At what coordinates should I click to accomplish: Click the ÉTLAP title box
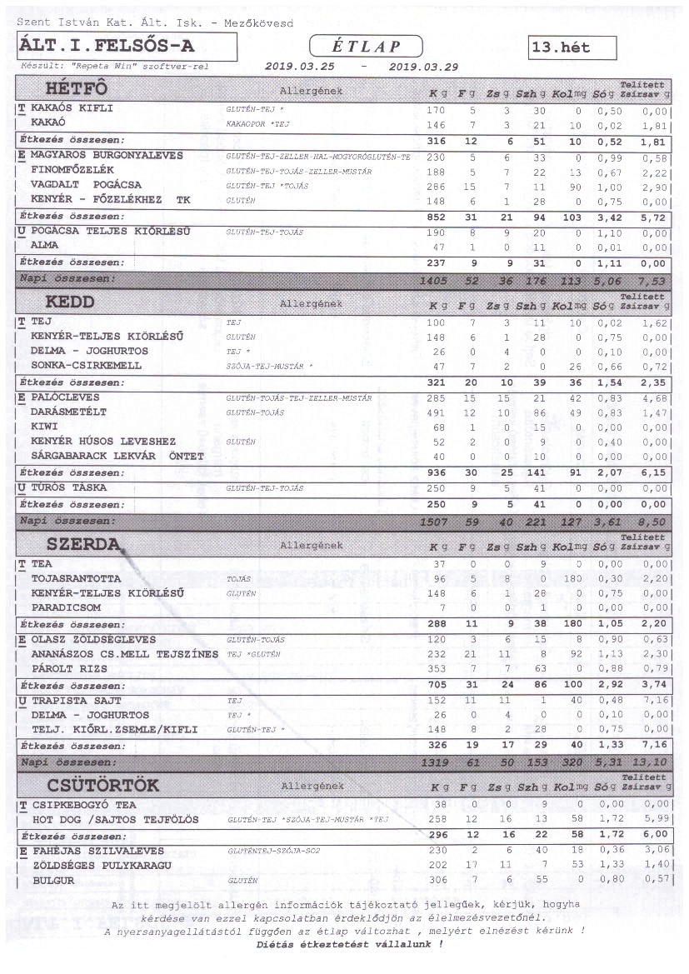pos(366,47)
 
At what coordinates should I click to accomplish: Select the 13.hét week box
pos(572,47)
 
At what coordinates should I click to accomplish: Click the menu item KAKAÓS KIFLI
pos(72,108)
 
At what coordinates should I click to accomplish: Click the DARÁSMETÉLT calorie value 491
pos(436,412)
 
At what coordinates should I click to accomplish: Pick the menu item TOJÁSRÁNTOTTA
pos(76,578)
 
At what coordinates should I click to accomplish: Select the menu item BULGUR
pos(53,880)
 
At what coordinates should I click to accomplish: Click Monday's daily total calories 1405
pos(435,281)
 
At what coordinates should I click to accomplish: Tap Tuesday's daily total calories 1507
pos(435,522)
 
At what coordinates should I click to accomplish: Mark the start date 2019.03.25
pos(299,66)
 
